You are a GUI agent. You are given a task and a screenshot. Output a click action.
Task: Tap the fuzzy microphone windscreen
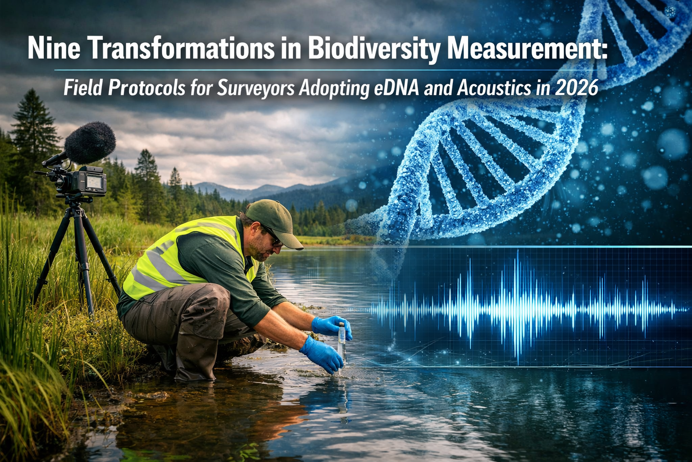click(x=90, y=143)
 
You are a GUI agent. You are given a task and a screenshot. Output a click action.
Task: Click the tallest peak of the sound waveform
click(x=517, y=307)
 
